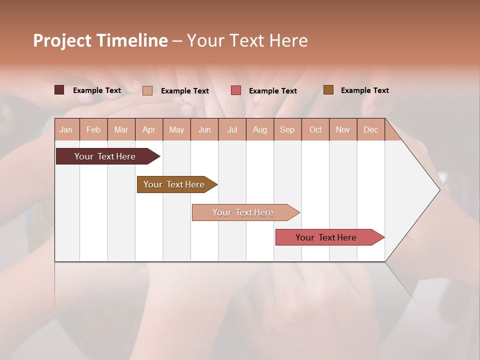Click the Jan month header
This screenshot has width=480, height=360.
point(66,129)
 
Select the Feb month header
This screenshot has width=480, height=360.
point(93,129)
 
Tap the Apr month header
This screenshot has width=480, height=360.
point(149,129)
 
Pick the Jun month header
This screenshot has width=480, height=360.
point(204,129)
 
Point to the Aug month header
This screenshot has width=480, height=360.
point(260,129)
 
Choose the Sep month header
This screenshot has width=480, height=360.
point(287,129)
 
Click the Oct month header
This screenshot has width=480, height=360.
point(315,129)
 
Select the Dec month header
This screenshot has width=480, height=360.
point(371,129)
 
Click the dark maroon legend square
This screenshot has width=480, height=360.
point(59,90)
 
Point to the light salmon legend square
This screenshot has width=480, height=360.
point(147,90)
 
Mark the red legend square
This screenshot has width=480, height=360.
point(236,90)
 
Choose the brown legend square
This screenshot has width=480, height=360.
point(328,90)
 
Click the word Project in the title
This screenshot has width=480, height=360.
point(62,40)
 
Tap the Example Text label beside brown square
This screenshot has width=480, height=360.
point(364,90)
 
